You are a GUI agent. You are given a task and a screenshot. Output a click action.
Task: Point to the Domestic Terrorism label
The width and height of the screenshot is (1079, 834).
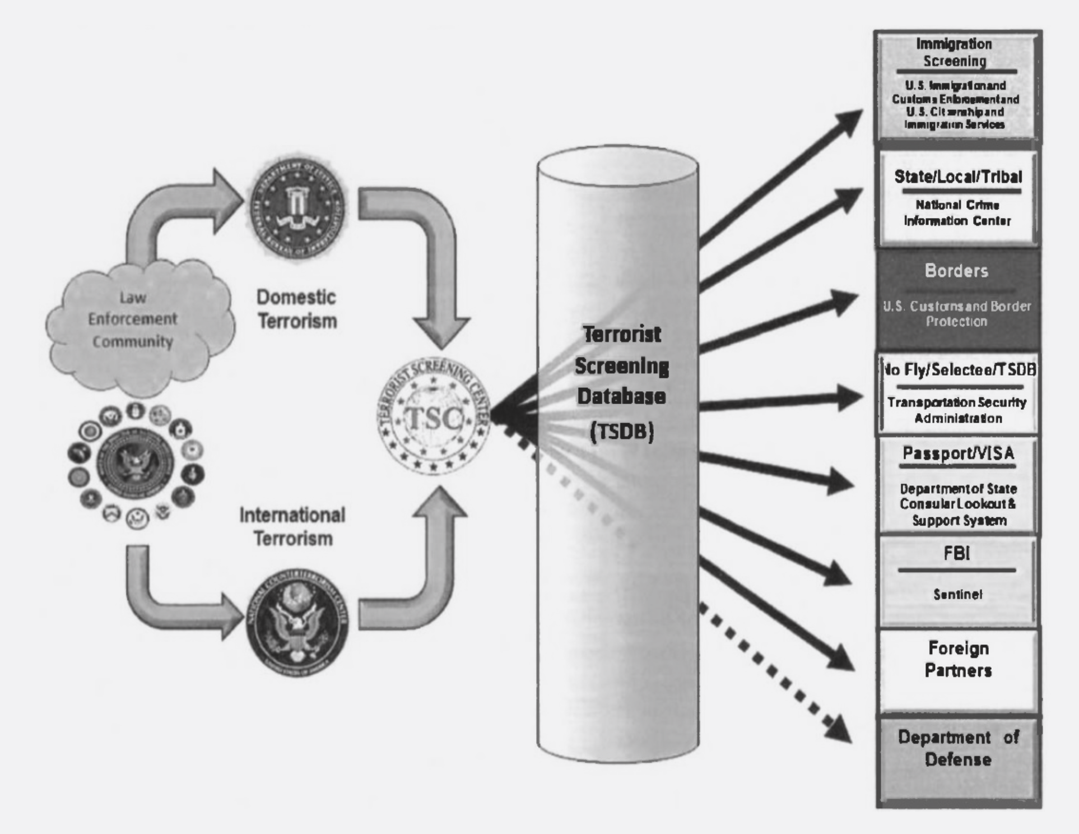pyautogui.click(x=297, y=309)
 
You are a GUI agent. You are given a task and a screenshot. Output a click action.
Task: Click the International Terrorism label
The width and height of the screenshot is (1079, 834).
pyautogui.click(x=292, y=526)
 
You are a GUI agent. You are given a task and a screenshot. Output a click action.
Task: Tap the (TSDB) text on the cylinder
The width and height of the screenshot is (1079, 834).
pyautogui.click(x=622, y=432)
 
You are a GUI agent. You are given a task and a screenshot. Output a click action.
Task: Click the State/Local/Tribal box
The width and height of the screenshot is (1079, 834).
pyautogui.click(x=957, y=198)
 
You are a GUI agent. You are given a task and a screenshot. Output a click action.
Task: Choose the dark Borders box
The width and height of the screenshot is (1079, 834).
pyautogui.click(x=957, y=297)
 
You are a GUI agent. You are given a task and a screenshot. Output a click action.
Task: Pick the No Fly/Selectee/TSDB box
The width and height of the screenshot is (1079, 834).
pyautogui.click(x=957, y=394)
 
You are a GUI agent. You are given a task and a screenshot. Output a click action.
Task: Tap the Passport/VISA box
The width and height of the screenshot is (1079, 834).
pyautogui.click(x=957, y=485)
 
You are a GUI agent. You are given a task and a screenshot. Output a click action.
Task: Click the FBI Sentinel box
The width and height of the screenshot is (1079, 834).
pyautogui.click(x=957, y=581)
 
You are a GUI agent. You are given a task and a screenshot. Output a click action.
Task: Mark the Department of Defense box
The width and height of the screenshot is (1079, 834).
pyautogui.click(x=957, y=759)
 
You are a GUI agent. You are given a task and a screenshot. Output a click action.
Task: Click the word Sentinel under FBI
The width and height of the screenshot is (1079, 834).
pyautogui.click(x=957, y=595)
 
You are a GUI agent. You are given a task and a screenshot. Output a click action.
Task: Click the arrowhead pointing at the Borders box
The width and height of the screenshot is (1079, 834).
pyautogui.click(x=846, y=303)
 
